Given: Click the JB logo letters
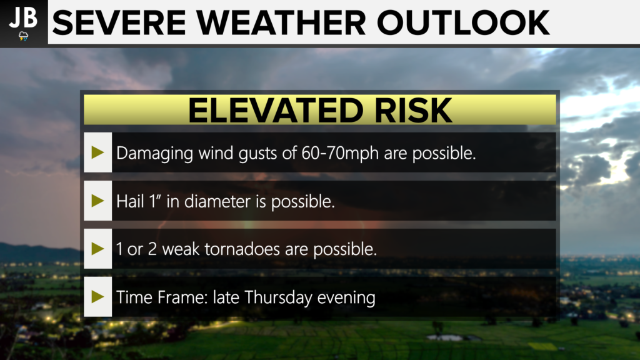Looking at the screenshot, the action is [23, 17].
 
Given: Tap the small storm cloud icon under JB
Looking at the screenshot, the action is [23, 36].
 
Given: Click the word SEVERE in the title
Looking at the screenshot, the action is [119, 23].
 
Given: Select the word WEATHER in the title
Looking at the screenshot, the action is [281, 23].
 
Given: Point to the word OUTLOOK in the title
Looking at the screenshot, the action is [463, 23].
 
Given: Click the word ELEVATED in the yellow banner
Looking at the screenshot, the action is [276, 110].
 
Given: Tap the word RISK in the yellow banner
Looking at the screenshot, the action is [413, 110].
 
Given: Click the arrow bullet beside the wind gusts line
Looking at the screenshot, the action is [98, 152].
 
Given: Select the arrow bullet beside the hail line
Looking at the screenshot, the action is [98, 201].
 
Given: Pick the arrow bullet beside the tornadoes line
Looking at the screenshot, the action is [98, 249].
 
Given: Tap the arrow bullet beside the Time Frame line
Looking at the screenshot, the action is [98, 297].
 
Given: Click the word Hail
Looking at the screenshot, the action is [130, 201].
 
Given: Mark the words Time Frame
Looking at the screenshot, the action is [162, 297].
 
